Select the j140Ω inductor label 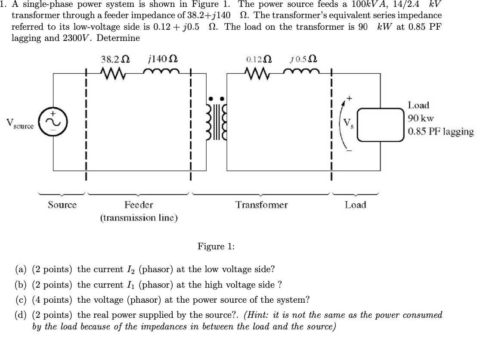pyautogui.click(x=163, y=59)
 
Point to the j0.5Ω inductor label pyautogui.click(x=305, y=59)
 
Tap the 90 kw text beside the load pyautogui.click(x=421, y=118)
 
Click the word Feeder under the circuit pyautogui.click(x=139, y=205)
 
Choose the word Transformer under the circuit pyautogui.click(x=261, y=205)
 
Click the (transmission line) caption pyautogui.click(x=139, y=217)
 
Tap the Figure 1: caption pyautogui.click(x=216, y=246)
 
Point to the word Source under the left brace pyautogui.click(x=62, y=205)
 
